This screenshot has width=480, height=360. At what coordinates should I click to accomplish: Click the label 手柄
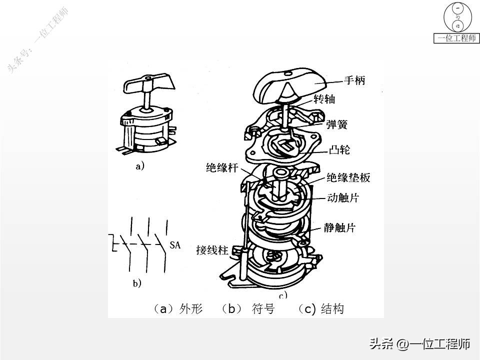click(x=354, y=80)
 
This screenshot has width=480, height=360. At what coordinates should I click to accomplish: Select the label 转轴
click(x=324, y=99)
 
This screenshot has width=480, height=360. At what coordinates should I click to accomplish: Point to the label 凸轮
click(x=340, y=148)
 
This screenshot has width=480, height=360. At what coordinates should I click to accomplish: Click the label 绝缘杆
click(x=221, y=167)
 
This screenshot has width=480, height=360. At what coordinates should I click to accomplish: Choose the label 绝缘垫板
click(x=348, y=177)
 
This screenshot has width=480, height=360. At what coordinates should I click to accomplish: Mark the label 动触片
click(x=342, y=198)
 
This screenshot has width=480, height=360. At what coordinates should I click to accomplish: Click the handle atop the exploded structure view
click(x=290, y=87)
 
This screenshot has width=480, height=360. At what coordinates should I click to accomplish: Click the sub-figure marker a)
click(x=140, y=166)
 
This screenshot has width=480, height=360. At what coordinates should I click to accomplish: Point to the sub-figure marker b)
click(x=137, y=283)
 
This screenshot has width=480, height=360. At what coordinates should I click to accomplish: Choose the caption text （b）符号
click(x=247, y=309)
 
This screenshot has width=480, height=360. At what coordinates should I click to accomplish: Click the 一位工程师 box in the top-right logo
click(x=456, y=38)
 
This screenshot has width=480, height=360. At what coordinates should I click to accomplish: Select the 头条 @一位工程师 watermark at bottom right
click(x=419, y=344)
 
